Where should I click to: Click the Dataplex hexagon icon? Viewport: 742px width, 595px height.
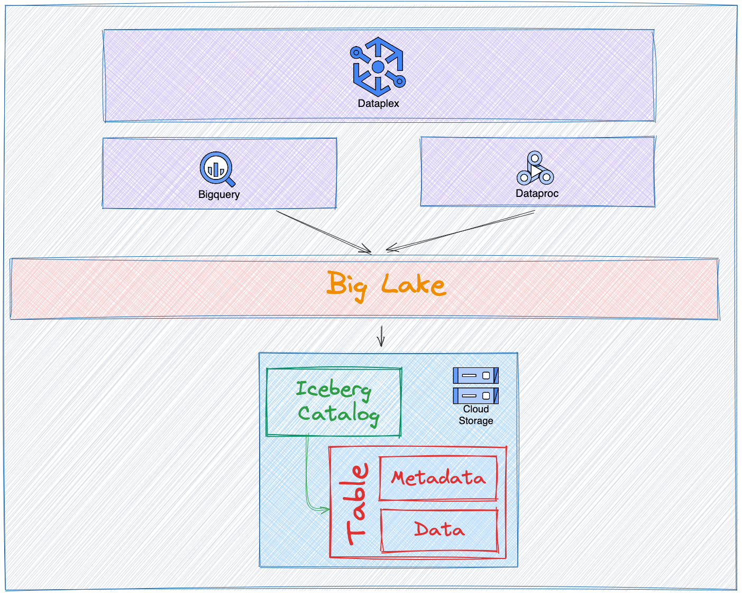coord(378,67)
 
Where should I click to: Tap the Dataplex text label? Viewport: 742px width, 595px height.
coord(378,103)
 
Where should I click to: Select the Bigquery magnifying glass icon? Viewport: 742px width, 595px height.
coord(216,168)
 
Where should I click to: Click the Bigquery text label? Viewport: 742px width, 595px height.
coord(219,194)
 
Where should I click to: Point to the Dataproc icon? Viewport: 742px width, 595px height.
coord(535,169)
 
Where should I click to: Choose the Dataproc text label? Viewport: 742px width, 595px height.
coord(537,193)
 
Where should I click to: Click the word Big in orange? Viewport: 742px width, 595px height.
coord(346,286)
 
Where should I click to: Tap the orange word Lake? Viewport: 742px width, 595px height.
coord(414,285)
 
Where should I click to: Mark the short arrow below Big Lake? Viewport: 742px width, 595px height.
coord(381,336)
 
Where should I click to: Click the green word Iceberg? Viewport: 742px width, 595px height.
coord(333,390)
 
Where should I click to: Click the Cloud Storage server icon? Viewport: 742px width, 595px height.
coord(475,385)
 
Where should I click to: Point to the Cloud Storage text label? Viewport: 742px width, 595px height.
coord(476,415)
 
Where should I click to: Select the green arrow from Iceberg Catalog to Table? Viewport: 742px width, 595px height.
coord(308,476)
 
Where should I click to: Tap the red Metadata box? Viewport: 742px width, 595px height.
coord(438,478)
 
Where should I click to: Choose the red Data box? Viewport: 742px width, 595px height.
coord(439,530)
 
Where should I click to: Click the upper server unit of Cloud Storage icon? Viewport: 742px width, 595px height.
coord(475,375)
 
